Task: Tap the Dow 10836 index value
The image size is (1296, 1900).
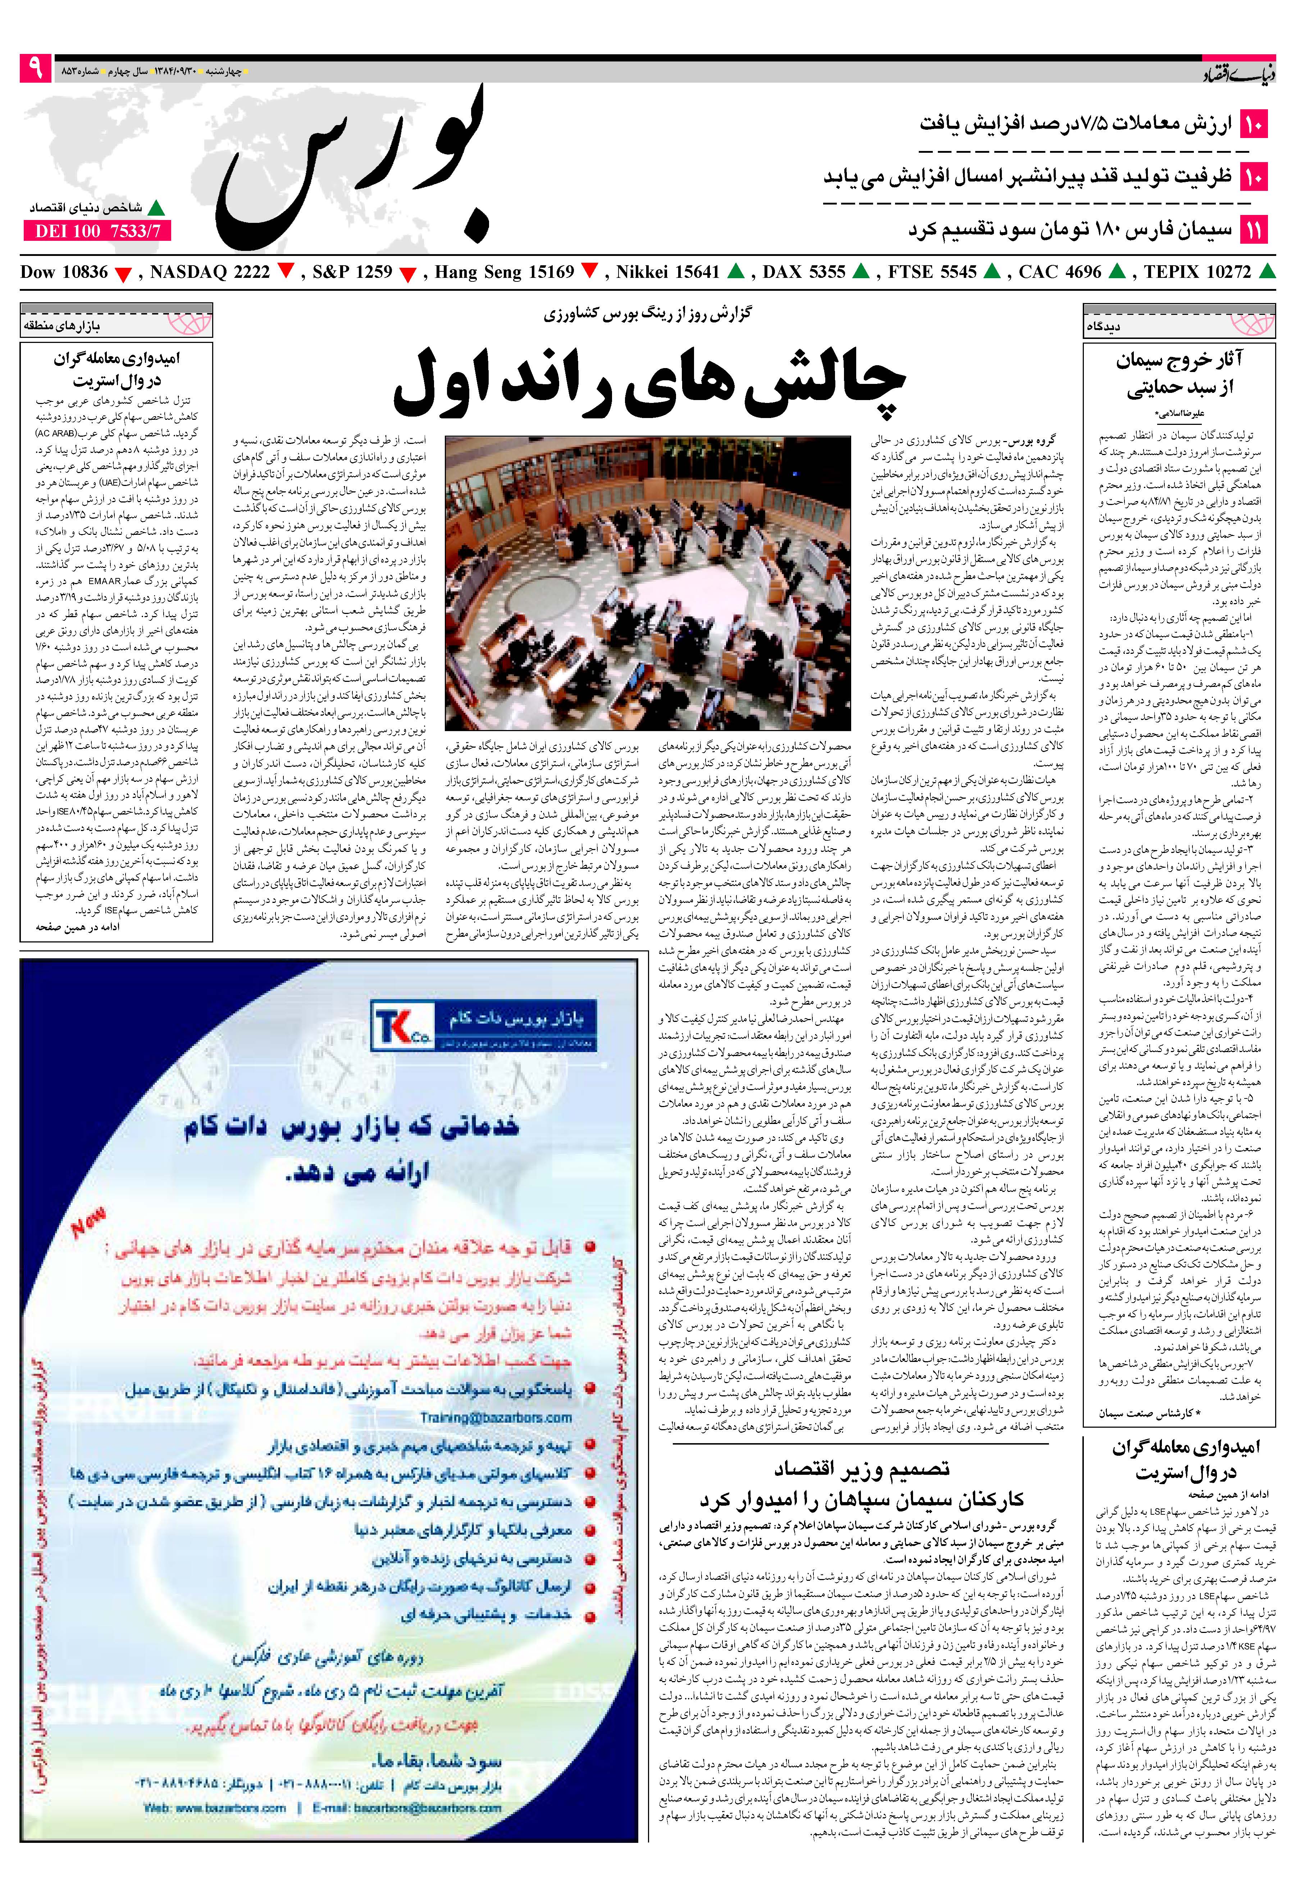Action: click(64, 272)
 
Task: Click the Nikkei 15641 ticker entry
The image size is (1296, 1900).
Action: click(667, 272)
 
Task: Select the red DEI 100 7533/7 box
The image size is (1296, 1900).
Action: click(97, 231)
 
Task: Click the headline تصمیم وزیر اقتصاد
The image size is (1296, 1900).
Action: click(861, 1469)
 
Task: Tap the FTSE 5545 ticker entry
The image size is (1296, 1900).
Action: click(932, 272)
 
